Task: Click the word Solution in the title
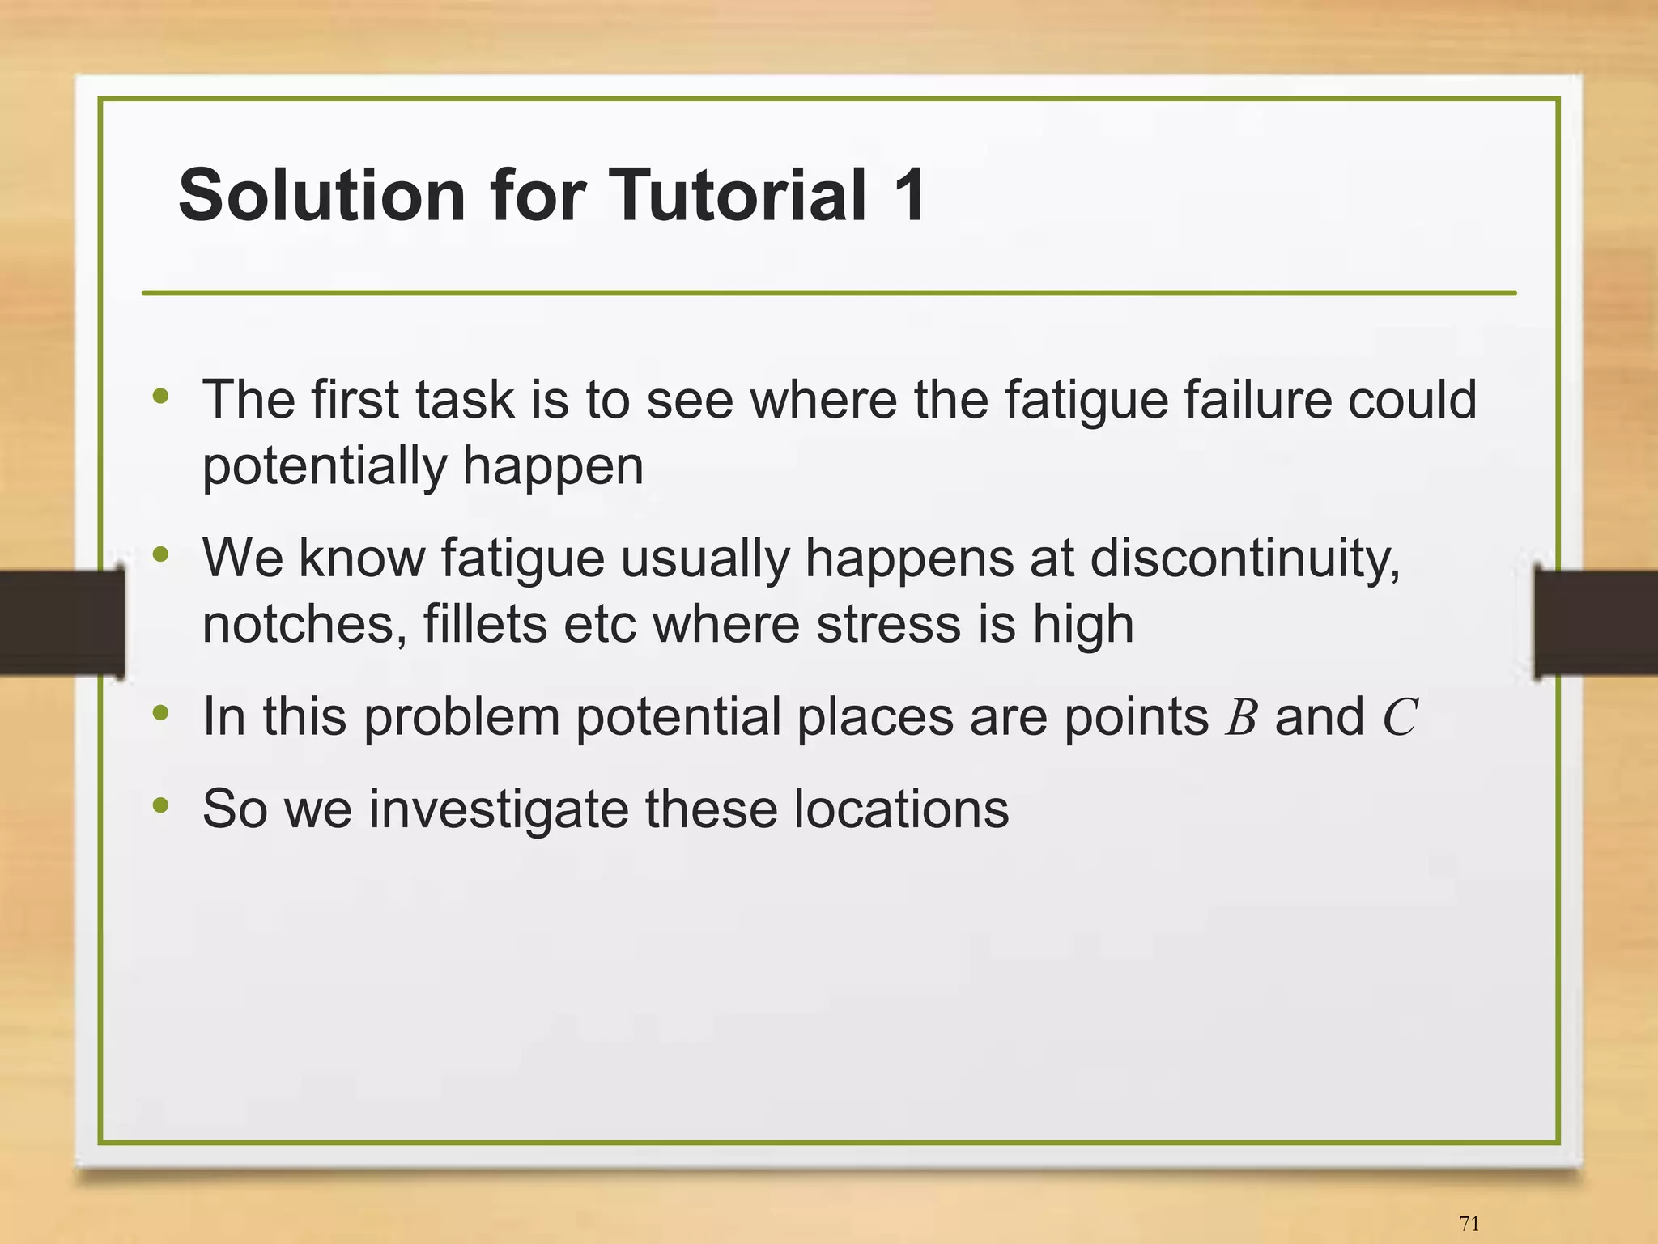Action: tap(321, 195)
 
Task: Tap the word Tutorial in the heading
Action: tap(737, 195)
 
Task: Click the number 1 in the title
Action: tap(909, 195)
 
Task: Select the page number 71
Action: tap(1469, 1224)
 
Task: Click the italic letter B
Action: tap(1240, 717)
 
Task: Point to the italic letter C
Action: tap(1399, 717)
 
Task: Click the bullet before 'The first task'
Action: tap(161, 396)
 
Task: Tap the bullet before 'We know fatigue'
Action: tap(161, 554)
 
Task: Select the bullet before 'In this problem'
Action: tap(161, 713)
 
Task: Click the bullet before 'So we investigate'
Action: tap(161, 805)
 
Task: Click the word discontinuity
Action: tap(1244, 559)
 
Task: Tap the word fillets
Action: tap(484, 625)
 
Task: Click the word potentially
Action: tap(325, 467)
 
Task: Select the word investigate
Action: tap(498, 809)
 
